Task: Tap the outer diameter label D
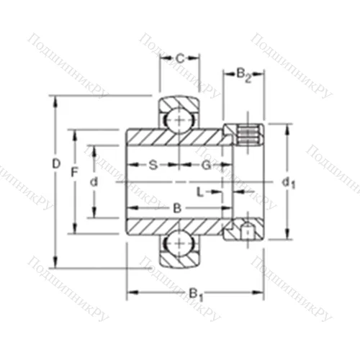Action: point(56,165)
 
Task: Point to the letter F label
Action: point(73,173)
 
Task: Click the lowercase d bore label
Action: point(93,182)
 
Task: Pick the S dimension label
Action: point(153,165)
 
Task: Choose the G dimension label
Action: point(206,165)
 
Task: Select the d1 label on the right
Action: point(289,183)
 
